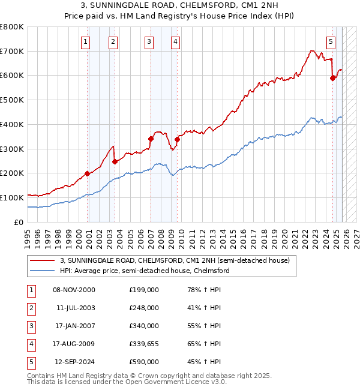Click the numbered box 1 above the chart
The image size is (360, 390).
(x=86, y=41)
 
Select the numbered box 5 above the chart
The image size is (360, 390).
(x=331, y=41)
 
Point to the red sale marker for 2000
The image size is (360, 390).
(x=88, y=173)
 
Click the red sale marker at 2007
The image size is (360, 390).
(x=151, y=139)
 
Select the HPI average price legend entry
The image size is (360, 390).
(x=145, y=271)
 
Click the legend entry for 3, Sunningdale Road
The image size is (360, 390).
(x=175, y=260)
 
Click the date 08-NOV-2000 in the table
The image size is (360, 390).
(x=74, y=290)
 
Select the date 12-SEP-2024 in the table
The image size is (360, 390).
(x=74, y=362)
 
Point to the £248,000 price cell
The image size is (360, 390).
(x=143, y=308)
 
